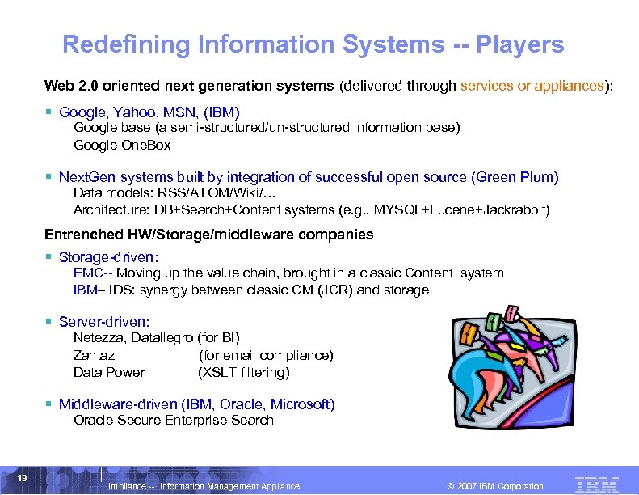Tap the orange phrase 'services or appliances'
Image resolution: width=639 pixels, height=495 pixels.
[x=532, y=86]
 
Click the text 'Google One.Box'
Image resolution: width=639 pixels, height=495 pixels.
[x=122, y=146]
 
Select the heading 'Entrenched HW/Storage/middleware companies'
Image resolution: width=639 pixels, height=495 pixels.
[x=208, y=235]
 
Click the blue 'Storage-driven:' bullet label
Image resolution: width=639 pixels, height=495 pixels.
[x=109, y=256]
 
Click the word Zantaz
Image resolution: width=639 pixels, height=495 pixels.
[x=94, y=355]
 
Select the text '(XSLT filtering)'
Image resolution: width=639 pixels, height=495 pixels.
[x=244, y=372]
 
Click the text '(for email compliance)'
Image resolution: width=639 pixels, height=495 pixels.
[x=266, y=355]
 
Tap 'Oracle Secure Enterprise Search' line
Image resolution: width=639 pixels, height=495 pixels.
[x=174, y=420]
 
